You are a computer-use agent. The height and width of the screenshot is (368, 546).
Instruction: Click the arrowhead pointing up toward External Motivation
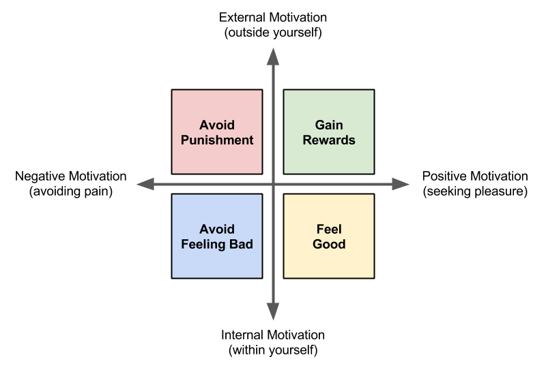(x=273, y=55)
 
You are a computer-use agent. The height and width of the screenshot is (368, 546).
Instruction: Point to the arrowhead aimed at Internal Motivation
(x=273, y=312)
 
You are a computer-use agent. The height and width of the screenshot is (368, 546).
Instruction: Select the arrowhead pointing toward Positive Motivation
(x=401, y=184)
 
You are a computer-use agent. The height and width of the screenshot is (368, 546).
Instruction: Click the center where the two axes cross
(x=273, y=184)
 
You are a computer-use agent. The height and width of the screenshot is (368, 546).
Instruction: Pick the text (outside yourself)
(x=273, y=32)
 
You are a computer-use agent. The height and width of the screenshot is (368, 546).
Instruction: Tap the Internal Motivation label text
(x=273, y=335)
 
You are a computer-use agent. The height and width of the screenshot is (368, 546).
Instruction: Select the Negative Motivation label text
(x=70, y=177)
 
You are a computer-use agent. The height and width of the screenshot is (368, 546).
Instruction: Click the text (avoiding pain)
(x=70, y=191)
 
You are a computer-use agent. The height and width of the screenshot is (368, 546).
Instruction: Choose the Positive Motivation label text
(x=475, y=177)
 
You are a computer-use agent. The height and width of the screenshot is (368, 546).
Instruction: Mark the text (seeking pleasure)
(x=475, y=191)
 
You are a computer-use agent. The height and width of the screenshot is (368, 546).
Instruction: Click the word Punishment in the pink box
(x=217, y=140)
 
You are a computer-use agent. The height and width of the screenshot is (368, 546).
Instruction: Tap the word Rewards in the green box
(x=328, y=140)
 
